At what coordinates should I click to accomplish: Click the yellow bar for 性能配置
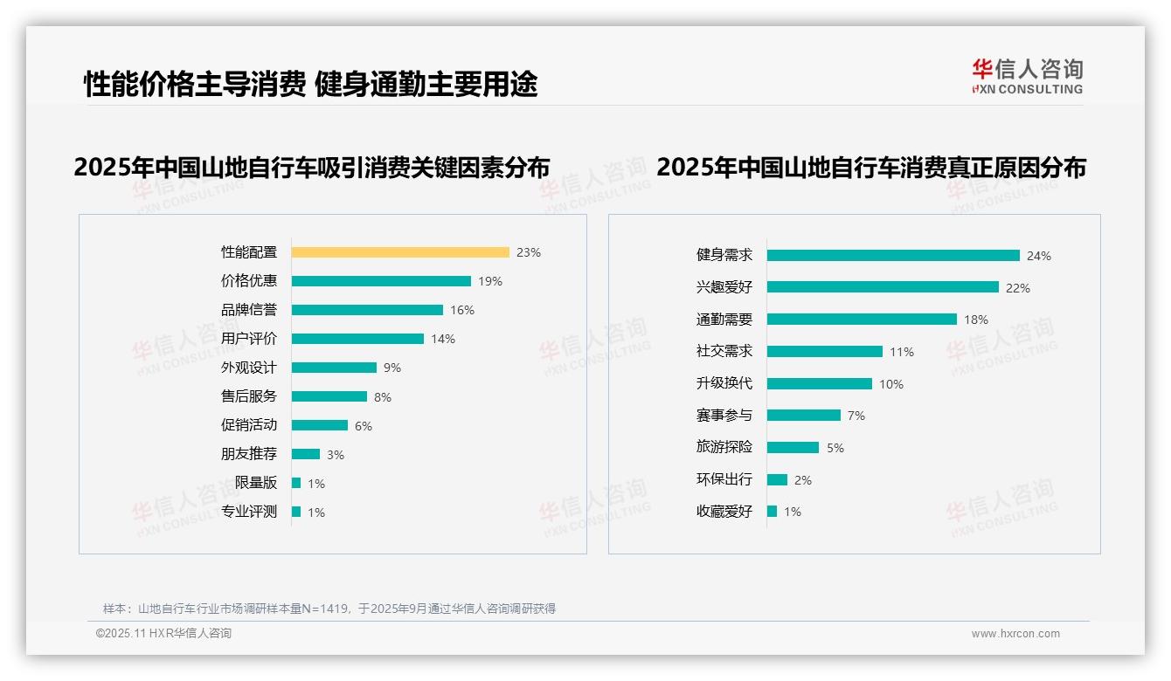point(400,252)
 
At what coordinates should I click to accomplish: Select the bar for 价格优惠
point(381,281)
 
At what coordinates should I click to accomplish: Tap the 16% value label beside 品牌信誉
point(461,310)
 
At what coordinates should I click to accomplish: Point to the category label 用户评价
point(248,339)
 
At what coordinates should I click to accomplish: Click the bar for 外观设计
point(334,368)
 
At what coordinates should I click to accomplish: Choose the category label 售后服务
point(248,396)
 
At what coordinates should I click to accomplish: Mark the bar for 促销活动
point(320,425)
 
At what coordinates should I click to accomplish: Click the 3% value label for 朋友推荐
point(336,455)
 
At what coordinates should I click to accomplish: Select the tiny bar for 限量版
point(296,483)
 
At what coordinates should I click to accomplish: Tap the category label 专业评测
point(248,512)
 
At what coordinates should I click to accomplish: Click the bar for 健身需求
point(893,256)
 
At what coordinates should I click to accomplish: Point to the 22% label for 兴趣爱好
point(1017,288)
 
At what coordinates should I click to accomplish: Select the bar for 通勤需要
point(862,320)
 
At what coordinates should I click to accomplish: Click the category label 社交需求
point(724,351)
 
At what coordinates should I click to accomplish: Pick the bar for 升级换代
point(820,383)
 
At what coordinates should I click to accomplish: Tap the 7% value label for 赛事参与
point(856,416)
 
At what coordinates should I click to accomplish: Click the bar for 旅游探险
point(793,447)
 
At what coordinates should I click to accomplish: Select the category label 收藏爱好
point(724,511)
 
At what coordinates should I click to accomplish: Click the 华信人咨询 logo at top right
point(1027,76)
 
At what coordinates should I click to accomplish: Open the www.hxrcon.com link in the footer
point(1015,634)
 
